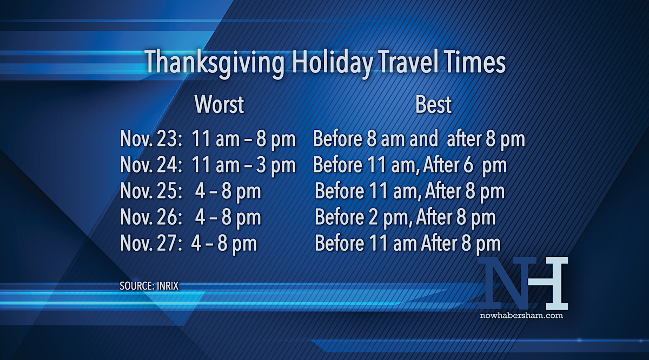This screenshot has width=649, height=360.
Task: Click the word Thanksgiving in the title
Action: (214, 63)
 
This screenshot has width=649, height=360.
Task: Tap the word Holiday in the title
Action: (332, 63)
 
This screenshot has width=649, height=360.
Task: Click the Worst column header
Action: (219, 104)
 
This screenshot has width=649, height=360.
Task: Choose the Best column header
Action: (433, 104)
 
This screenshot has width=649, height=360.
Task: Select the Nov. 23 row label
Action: (151, 138)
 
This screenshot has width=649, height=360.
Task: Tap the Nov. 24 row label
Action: (151, 164)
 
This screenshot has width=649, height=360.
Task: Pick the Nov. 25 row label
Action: (151, 191)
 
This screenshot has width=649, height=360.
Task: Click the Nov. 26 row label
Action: (151, 217)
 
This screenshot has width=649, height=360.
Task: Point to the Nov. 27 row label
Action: (151, 243)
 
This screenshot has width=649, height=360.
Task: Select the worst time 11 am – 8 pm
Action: (244, 139)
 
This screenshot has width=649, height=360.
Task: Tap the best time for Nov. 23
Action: (419, 139)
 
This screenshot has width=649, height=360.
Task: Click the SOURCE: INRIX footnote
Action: (149, 286)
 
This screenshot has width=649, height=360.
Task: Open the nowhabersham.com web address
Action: (521, 315)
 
